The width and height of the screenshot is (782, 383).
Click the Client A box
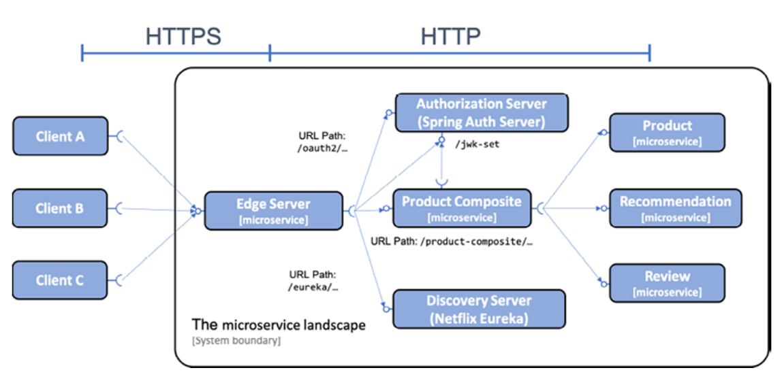pos(60,136)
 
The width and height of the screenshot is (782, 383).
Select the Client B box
pos(60,208)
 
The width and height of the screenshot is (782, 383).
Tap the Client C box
pos(60,280)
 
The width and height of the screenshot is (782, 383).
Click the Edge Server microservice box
pos(273,211)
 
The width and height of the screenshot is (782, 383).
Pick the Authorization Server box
pos(481,113)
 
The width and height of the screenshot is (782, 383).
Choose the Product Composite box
pos(461,208)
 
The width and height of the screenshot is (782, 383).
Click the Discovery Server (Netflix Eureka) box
pos(479,309)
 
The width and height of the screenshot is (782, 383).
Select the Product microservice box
pos(667,133)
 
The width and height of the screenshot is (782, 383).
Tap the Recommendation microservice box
pos(675,208)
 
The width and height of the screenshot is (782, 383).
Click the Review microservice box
pos(667,284)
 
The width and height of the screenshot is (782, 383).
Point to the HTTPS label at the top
pos(183,37)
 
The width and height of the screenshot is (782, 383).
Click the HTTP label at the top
pos(450,37)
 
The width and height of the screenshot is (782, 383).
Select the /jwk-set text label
pos(477,144)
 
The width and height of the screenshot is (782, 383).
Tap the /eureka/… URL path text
pos(313,287)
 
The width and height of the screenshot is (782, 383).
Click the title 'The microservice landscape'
pos(279,325)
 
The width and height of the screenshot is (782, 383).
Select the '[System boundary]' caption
pos(236,340)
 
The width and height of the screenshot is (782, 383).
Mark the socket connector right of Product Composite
pos(542,208)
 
